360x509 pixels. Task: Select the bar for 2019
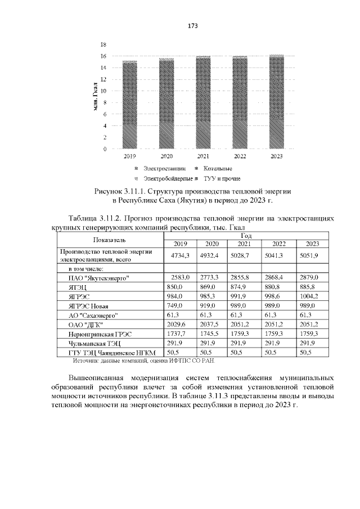coord(130,105)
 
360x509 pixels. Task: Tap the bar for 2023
coord(276,102)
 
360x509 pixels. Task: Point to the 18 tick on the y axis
coord(103,44)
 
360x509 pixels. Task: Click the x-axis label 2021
coord(203,156)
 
